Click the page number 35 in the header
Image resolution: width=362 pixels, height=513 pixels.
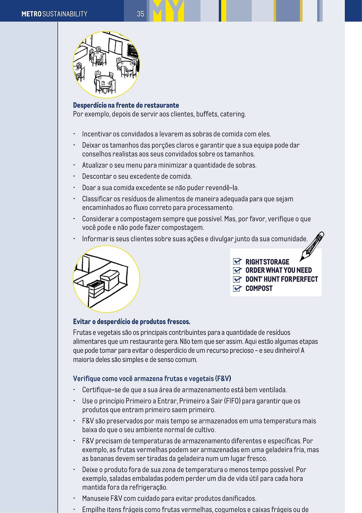140,14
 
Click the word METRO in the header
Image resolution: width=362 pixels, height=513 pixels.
31,14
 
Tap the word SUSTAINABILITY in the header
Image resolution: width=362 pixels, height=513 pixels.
65,14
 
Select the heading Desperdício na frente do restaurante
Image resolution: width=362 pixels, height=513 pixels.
126,105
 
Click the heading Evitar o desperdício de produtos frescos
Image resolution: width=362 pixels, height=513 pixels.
131,322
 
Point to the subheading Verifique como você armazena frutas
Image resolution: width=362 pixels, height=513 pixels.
152,379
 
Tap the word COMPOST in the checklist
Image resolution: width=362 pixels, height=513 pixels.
259,289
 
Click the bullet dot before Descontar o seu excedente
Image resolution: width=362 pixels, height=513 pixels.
74,176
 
